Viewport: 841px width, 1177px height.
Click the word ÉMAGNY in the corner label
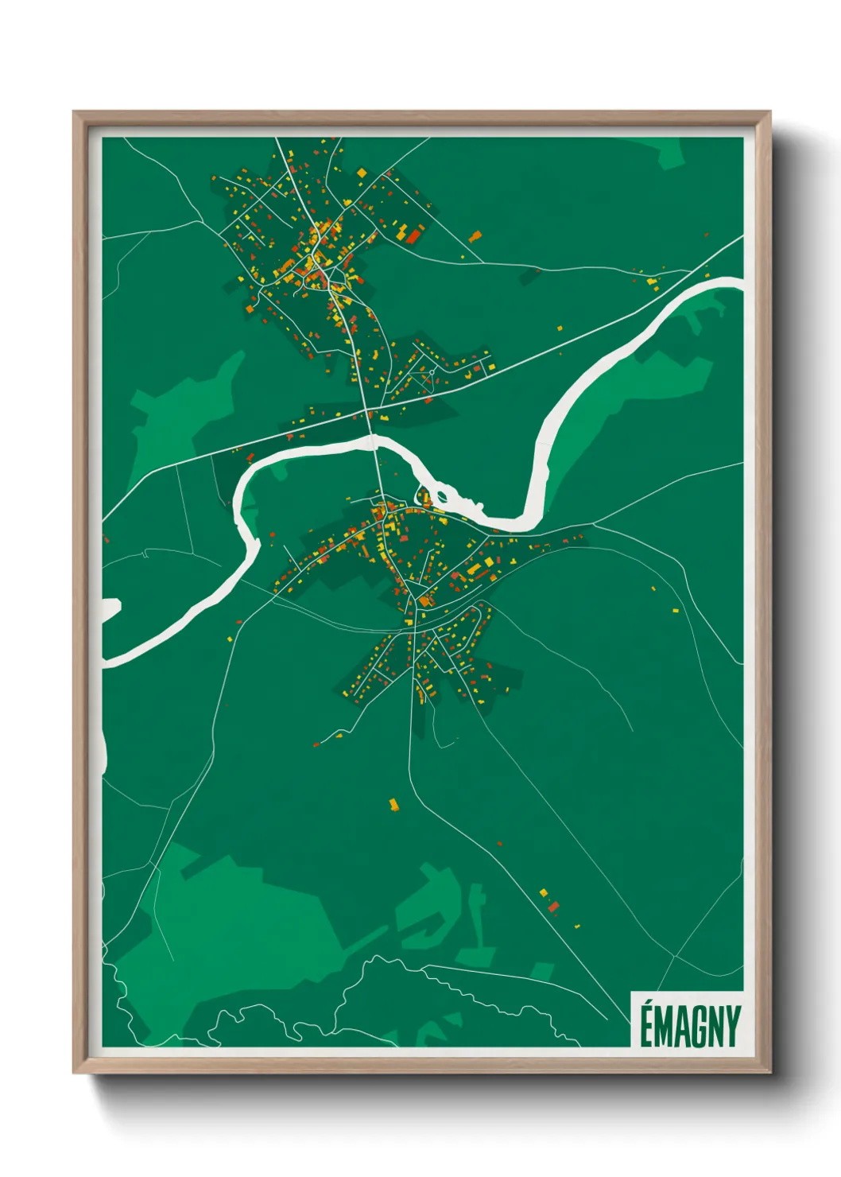[x=689, y=1027]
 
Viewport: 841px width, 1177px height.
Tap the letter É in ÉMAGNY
[x=646, y=1027]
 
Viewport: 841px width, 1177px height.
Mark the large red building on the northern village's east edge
[x=413, y=235]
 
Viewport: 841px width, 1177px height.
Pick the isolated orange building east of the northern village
[x=475, y=235]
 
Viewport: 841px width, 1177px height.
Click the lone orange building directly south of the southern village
[x=393, y=805]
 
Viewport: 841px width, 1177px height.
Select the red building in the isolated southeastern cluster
[x=553, y=906]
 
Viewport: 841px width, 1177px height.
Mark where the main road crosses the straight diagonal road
[x=367, y=410]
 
